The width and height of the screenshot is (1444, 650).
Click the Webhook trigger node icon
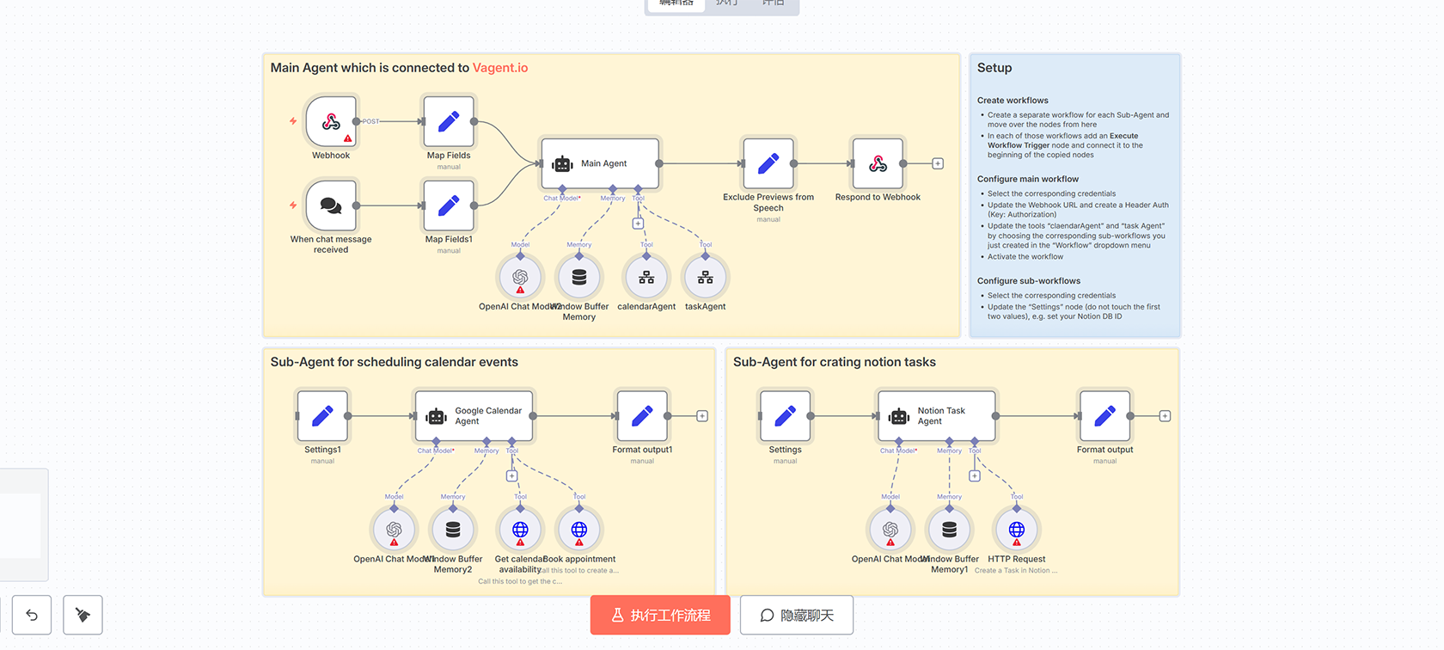pyautogui.click(x=331, y=122)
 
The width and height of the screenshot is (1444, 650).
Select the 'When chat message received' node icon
pyautogui.click(x=331, y=205)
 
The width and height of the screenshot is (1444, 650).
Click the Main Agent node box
pyautogui.click(x=600, y=163)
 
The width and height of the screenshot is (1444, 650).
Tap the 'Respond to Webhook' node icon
pyautogui.click(x=878, y=163)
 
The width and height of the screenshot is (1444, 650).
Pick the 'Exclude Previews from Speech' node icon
pyautogui.click(x=768, y=163)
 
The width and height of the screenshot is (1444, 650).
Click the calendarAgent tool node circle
pyautogui.click(x=646, y=278)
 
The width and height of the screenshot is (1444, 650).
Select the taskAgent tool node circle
pyautogui.click(x=705, y=278)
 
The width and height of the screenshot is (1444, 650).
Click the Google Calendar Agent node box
pyautogui.click(x=474, y=416)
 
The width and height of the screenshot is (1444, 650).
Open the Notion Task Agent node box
pyautogui.click(x=936, y=416)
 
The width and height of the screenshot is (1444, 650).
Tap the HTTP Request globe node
pyautogui.click(x=1017, y=530)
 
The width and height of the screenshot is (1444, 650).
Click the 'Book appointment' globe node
pyautogui.click(x=579, y=530)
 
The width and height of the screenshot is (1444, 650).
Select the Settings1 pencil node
pyautogui.click(x=322, y=416)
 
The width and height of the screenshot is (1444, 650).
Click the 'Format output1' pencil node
pyautogui.click(x=642, y=416)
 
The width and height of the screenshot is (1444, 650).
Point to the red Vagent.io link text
pyautogui.click(x=500, y=68)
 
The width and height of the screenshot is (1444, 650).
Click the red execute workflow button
pyautogui.click(x=660, y=616)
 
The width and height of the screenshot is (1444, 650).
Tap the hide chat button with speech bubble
pyautogui.click(x=797, y=616)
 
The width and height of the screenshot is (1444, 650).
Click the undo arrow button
pyautogui.click(x=32, y=616)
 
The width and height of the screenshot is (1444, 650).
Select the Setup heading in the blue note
pyautogui.click(x=994, y=68)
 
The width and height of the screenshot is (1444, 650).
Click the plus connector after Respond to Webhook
pyautogui.click(x=938, y=163)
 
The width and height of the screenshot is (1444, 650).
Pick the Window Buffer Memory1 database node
pyautogui.click(x=949, y=530)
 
